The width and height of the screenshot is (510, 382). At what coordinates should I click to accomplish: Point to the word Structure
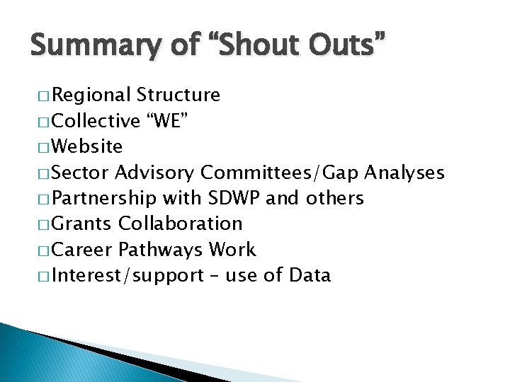pos(178,95)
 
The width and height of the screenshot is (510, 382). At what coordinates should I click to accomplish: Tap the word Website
pos(87,146)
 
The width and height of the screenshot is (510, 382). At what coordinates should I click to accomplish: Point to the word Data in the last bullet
pos(310,274)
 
